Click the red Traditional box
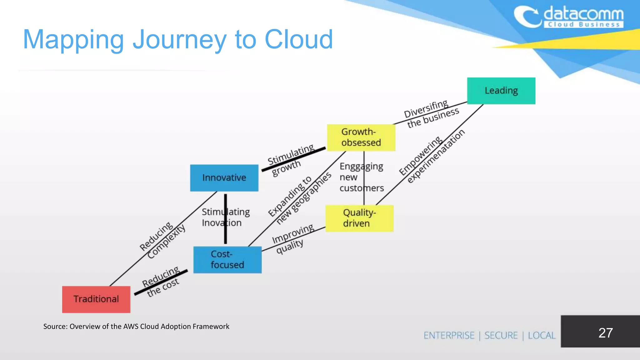pyautogui.click(x=96, y=299)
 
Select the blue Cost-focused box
pyautogui.click(x=227, y=260)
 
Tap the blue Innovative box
pyautogui.click(x=224, y=178)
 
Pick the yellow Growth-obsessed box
pyautogui.click(x=361, y=137)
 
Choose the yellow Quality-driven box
pyautogui.click(x=359, y=218)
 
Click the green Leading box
pyautogui.click(x=501, y=91)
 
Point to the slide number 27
pyautogui.click(x=605, y=333)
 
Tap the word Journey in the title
pyautogui.click(x=179, y=40)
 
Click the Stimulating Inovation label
pyautogui.click(x=225, y=217)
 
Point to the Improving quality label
pyautogui.click(x=292, y=239)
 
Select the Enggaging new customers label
pyautogui.click(x=362, y=177)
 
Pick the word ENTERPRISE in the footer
pyautogui.click(x=449, y=335)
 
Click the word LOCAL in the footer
pyautogui.click(x=542, y=335)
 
